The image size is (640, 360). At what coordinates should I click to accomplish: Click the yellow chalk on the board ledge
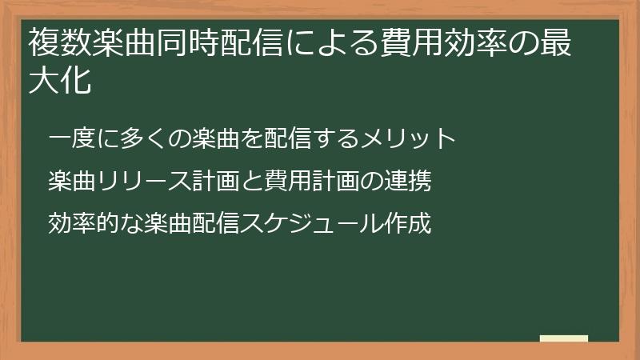click(563, 338)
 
